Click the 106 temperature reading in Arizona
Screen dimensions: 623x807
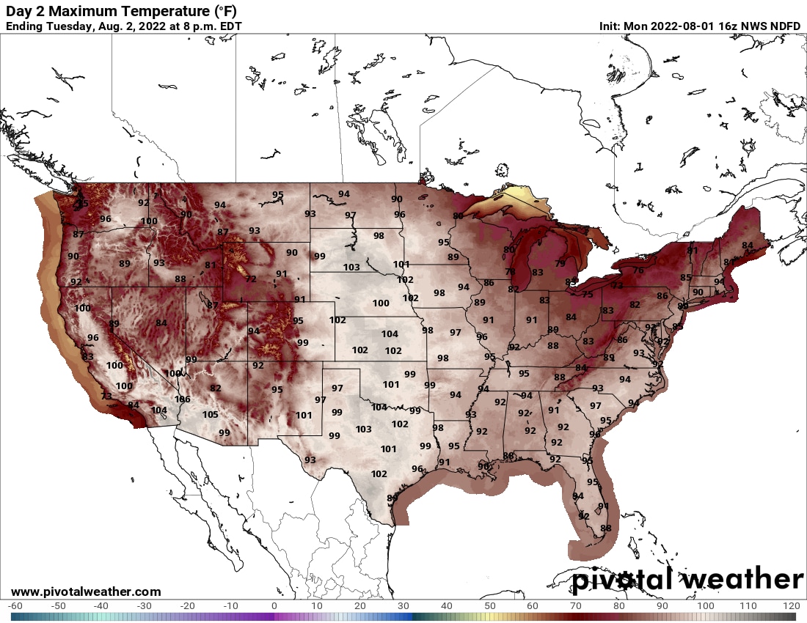click(x=183, y=399)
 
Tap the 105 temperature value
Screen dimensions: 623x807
click(x=210, y=415)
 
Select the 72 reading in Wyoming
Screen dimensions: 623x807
click(x=251, y=279)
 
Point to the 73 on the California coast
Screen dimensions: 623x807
click(x=106, y=397)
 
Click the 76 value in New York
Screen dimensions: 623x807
click(x=638, y=270)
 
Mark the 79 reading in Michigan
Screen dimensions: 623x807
click(x=560, y=264)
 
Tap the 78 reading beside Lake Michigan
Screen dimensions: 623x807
click(x=511, y=272)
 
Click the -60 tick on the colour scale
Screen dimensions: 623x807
click(x=15, y=606)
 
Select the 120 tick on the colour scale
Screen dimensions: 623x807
click(x=791, y=606)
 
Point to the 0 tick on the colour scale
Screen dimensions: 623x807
click(x=274, y=606)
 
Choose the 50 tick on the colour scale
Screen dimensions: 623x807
click(x=489, y=606)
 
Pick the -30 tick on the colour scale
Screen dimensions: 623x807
click(x=145, y=606)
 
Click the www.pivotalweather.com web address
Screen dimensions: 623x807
click(x=86, y=591)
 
